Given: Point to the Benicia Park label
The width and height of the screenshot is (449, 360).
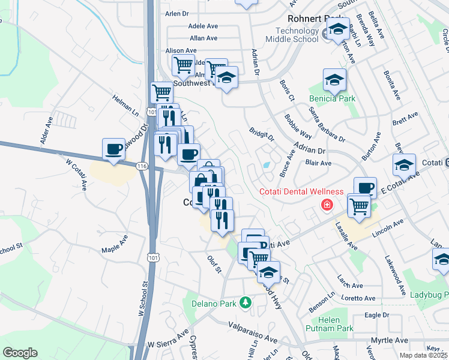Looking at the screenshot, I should click(332, 99).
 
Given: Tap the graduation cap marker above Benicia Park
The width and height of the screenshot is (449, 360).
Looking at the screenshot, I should click(334, 80).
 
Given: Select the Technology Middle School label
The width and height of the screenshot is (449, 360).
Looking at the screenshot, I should click(297, 35).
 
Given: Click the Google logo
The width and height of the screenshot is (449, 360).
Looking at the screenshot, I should click(20, 353).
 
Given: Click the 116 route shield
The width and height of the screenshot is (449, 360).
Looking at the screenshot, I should click(141, 166).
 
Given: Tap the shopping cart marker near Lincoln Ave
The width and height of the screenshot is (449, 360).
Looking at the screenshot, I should click(359, 206).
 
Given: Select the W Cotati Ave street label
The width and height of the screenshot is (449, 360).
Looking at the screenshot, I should click(76, 173).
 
